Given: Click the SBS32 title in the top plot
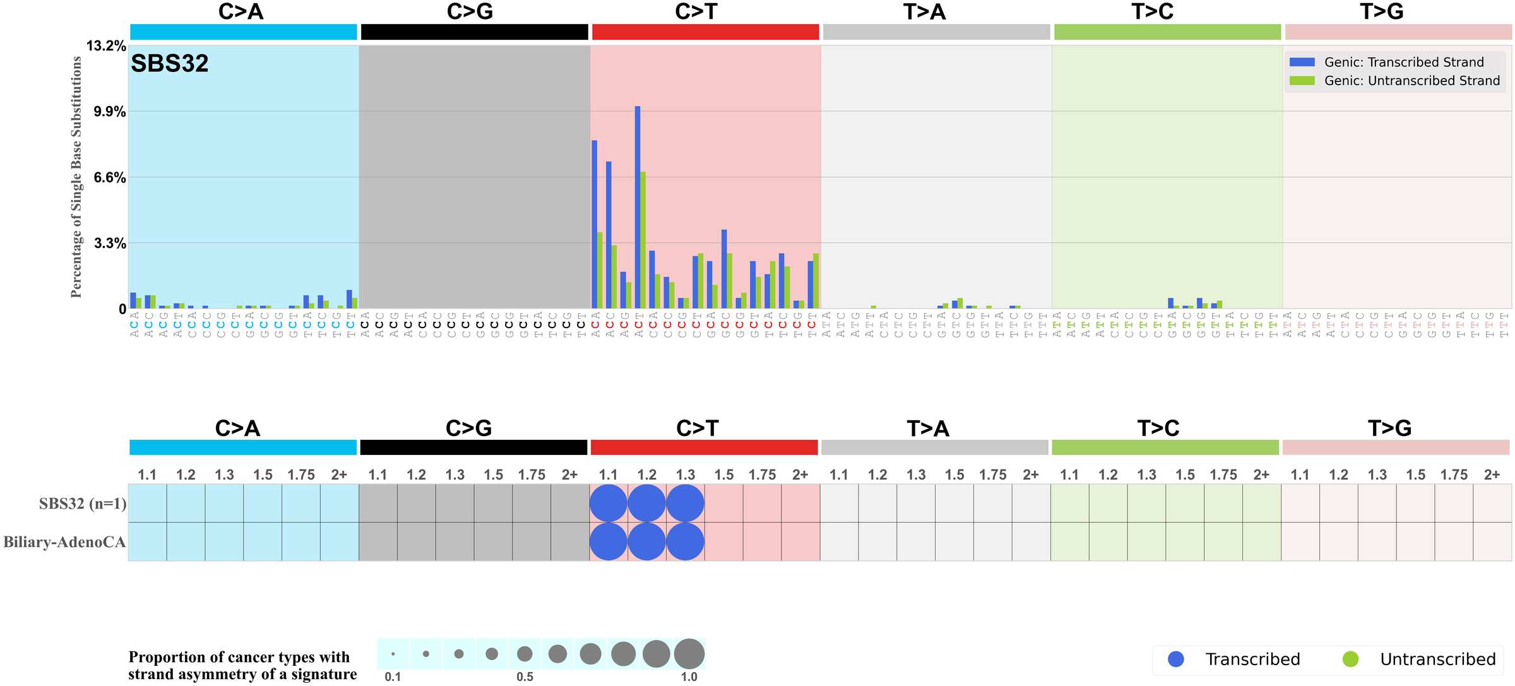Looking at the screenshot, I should (169, 64).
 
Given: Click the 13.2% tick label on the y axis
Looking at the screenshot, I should (106, 46).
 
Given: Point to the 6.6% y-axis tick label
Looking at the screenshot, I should (110, 178).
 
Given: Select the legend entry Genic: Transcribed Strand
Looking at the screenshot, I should (1403, 62).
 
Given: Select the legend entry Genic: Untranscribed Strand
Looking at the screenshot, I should (1411, 81).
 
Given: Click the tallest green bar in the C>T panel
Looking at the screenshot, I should (643, 240).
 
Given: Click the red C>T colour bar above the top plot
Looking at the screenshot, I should (705, 32).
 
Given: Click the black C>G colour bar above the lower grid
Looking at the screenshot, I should (473, 447).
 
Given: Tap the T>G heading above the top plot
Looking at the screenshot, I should (1381, 11).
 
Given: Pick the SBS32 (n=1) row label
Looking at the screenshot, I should (83, 504).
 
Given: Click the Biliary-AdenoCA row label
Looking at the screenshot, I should (64, 542).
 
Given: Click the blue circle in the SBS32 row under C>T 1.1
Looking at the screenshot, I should (608, 503).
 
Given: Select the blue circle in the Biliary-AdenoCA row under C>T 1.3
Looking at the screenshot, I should (685, 541).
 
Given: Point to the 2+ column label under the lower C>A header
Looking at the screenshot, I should (339, 475).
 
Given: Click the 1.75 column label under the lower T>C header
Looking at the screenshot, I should (1223, 475).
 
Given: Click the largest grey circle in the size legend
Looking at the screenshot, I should (689, 654).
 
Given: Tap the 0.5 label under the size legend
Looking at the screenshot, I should (525, 677).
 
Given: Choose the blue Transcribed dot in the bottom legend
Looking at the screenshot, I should (1176, 659).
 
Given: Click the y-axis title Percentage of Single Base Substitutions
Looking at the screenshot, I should (76, 177).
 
